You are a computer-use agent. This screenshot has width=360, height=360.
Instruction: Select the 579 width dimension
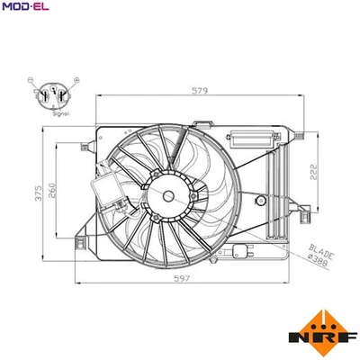pyautogui.click(x=200, y=90)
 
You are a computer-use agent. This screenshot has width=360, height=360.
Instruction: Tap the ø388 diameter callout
pyautogui.click(x=320, y=263)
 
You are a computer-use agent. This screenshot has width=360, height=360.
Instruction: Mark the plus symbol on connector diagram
pyautogui.click(x=82, y=81)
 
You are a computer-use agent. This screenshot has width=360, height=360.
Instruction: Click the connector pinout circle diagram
pyautogui.click(x=58, y=96)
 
